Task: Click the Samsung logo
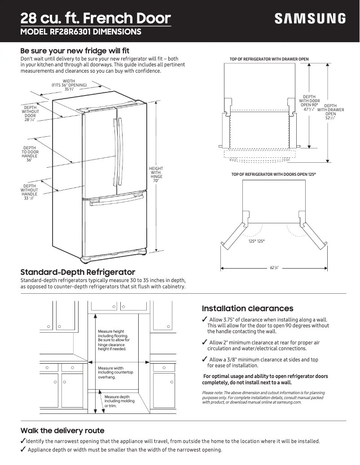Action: click(310, 19)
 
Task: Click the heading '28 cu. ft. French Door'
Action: click(96, 18)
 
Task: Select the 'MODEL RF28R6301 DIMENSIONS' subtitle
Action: click(81, 32)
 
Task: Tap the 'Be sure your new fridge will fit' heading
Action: click(75, 51)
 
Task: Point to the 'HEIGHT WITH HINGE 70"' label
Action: click(156, 174)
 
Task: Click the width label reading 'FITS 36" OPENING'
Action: click(69, 85)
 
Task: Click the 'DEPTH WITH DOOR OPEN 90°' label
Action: click(309, 103)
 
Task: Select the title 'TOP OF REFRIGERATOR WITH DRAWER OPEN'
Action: click(269, 59)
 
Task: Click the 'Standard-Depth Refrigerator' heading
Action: click(78, 272)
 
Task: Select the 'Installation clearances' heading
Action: click(247, 309)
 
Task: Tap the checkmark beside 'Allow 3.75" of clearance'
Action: click(205, 319)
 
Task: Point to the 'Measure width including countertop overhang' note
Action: click(115, 373)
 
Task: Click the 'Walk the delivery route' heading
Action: click(62, 430)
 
